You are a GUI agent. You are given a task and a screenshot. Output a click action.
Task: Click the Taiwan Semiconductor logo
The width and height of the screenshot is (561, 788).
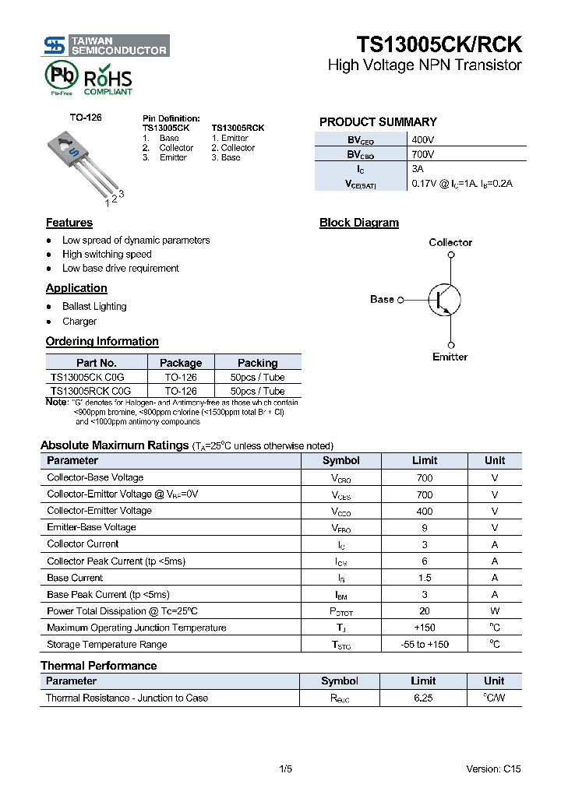click(x=106, y=45)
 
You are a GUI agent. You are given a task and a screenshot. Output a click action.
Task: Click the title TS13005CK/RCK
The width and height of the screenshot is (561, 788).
click(x=439, y=44)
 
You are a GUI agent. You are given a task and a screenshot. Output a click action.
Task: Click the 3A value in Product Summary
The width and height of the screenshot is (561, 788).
click(x=418, y=169)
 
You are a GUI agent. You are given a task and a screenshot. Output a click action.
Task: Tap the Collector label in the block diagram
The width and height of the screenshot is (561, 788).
click(x=450, y=243)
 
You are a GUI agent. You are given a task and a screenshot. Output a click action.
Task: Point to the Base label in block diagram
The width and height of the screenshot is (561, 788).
click(x=382, y=300)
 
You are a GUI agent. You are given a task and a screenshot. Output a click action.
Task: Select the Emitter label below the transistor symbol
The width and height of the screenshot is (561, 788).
click(x=450, y=357)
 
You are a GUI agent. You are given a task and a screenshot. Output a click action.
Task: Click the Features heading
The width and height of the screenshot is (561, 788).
click(x=69, y=223)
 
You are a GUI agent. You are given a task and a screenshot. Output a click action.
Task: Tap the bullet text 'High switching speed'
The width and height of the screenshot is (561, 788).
click(x=107, y=255)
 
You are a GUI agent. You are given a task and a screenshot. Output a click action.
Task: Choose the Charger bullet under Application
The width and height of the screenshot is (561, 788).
click(x=79, y=322)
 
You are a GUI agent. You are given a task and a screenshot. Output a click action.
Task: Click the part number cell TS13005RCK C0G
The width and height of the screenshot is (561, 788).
click(x=90, y=391)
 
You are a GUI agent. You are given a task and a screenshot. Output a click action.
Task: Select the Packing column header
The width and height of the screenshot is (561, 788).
click(x=257, y=363)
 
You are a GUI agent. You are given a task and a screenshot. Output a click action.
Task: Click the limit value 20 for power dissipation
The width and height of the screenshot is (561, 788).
click(x=425, y=611)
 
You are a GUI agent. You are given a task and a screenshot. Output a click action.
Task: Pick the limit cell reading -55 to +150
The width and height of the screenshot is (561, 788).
click(x=425, y=645)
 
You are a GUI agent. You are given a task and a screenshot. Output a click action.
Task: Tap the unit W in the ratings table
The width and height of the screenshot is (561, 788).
click(x=495, y=611)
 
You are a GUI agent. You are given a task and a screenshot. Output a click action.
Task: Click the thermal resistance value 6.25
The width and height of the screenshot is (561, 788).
click(x=423, y=698)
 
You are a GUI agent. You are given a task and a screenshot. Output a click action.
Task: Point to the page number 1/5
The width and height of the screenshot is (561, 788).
click(x=285, y=769)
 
